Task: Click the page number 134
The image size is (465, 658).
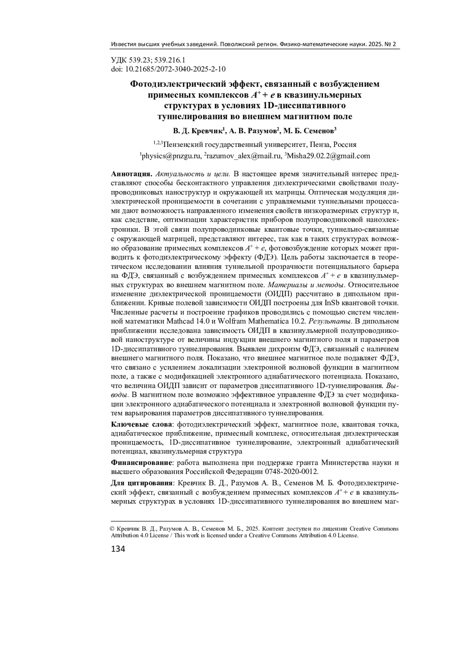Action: pos(118,549)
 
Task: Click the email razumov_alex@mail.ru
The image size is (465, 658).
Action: pos(243,156)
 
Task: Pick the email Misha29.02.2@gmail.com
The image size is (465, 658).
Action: pos(329,156)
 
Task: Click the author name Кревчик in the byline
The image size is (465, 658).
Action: pos(208,132)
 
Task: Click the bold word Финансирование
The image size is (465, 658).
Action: pos(141,463)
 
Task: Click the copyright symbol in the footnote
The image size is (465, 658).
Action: pos(113,529)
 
